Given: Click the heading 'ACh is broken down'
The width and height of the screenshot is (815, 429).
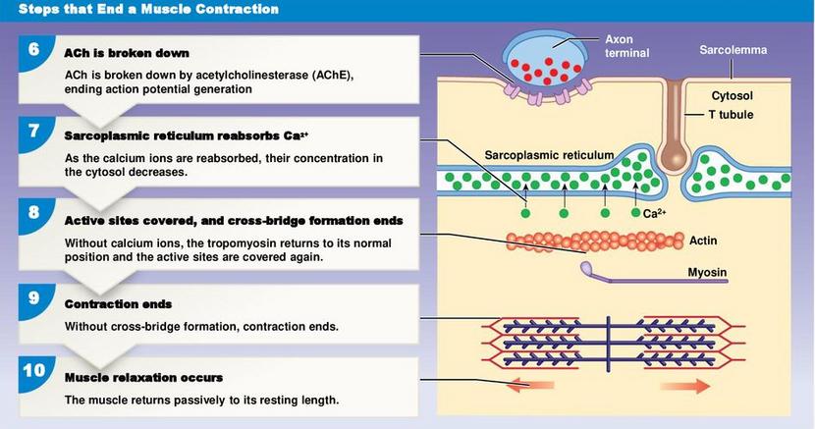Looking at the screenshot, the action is (x=127, y=53).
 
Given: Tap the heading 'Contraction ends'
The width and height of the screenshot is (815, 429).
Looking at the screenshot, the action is (x=118, y=304).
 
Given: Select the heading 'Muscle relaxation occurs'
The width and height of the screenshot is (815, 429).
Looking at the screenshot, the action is (x=143, y=378).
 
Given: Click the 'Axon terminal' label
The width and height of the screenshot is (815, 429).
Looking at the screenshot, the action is (x=626, y=46).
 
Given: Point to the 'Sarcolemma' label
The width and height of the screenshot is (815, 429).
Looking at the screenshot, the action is (x=733, y=50).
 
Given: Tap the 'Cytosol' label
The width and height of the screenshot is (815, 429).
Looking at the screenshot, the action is (x=732, y=95).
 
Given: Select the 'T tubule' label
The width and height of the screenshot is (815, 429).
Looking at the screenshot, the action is (x=731, y=114).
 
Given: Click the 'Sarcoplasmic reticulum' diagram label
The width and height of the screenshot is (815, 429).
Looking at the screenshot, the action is (x=549, y=155).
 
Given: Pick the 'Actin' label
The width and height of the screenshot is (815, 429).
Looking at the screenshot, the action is (x=703, y=241).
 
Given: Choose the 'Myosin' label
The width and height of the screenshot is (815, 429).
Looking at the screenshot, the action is (x=707, y=272).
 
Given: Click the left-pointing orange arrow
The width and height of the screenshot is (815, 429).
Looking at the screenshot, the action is (x=529, y=386).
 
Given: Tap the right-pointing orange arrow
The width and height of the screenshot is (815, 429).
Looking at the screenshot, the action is (x=685, y=386).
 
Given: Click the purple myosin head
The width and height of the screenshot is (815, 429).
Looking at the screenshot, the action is (x=587, y=268).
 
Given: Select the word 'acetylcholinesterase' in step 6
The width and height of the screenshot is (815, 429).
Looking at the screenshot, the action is (x=252, y=75).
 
